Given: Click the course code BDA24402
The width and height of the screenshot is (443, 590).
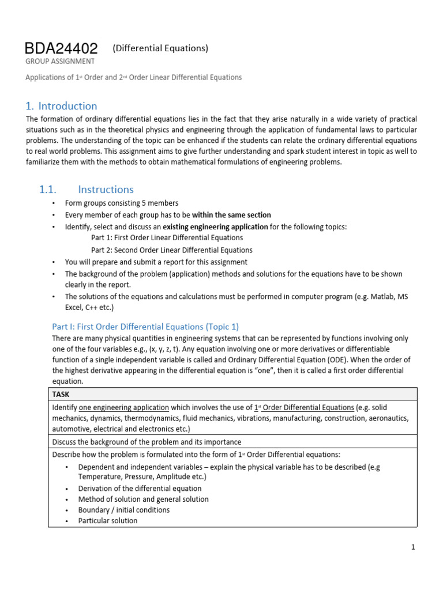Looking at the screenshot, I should [61, 48].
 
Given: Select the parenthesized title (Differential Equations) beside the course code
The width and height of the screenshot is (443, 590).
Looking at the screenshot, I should [160, 48].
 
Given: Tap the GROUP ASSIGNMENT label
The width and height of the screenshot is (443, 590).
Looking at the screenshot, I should [61, 60].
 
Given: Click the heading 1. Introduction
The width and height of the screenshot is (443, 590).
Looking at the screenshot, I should [62, 106].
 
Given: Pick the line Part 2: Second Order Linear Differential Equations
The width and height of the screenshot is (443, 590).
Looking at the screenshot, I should [171, 250].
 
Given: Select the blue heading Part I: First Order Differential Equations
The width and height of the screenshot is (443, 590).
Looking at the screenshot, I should [145, 326].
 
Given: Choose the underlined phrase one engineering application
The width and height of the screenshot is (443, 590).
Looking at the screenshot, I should [124, 407].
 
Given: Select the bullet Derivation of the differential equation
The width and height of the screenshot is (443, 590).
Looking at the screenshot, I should [140, 489].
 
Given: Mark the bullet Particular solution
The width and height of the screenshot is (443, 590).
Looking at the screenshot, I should [108, 520].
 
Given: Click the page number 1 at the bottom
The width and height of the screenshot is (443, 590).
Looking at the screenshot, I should [414, 547].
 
